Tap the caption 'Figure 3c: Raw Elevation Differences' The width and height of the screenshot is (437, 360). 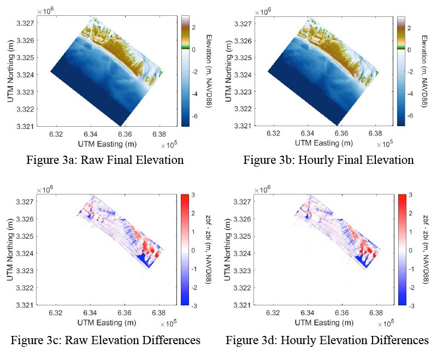click(x=105, y=340)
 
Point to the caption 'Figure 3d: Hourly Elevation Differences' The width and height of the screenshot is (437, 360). click(x=327, y=340)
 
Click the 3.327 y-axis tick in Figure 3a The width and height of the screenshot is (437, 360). click(x=25, y=23)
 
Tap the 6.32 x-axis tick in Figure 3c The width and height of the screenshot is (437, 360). click(x=56, y=314)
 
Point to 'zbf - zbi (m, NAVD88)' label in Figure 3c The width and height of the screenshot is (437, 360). click(x=209, y=249)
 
